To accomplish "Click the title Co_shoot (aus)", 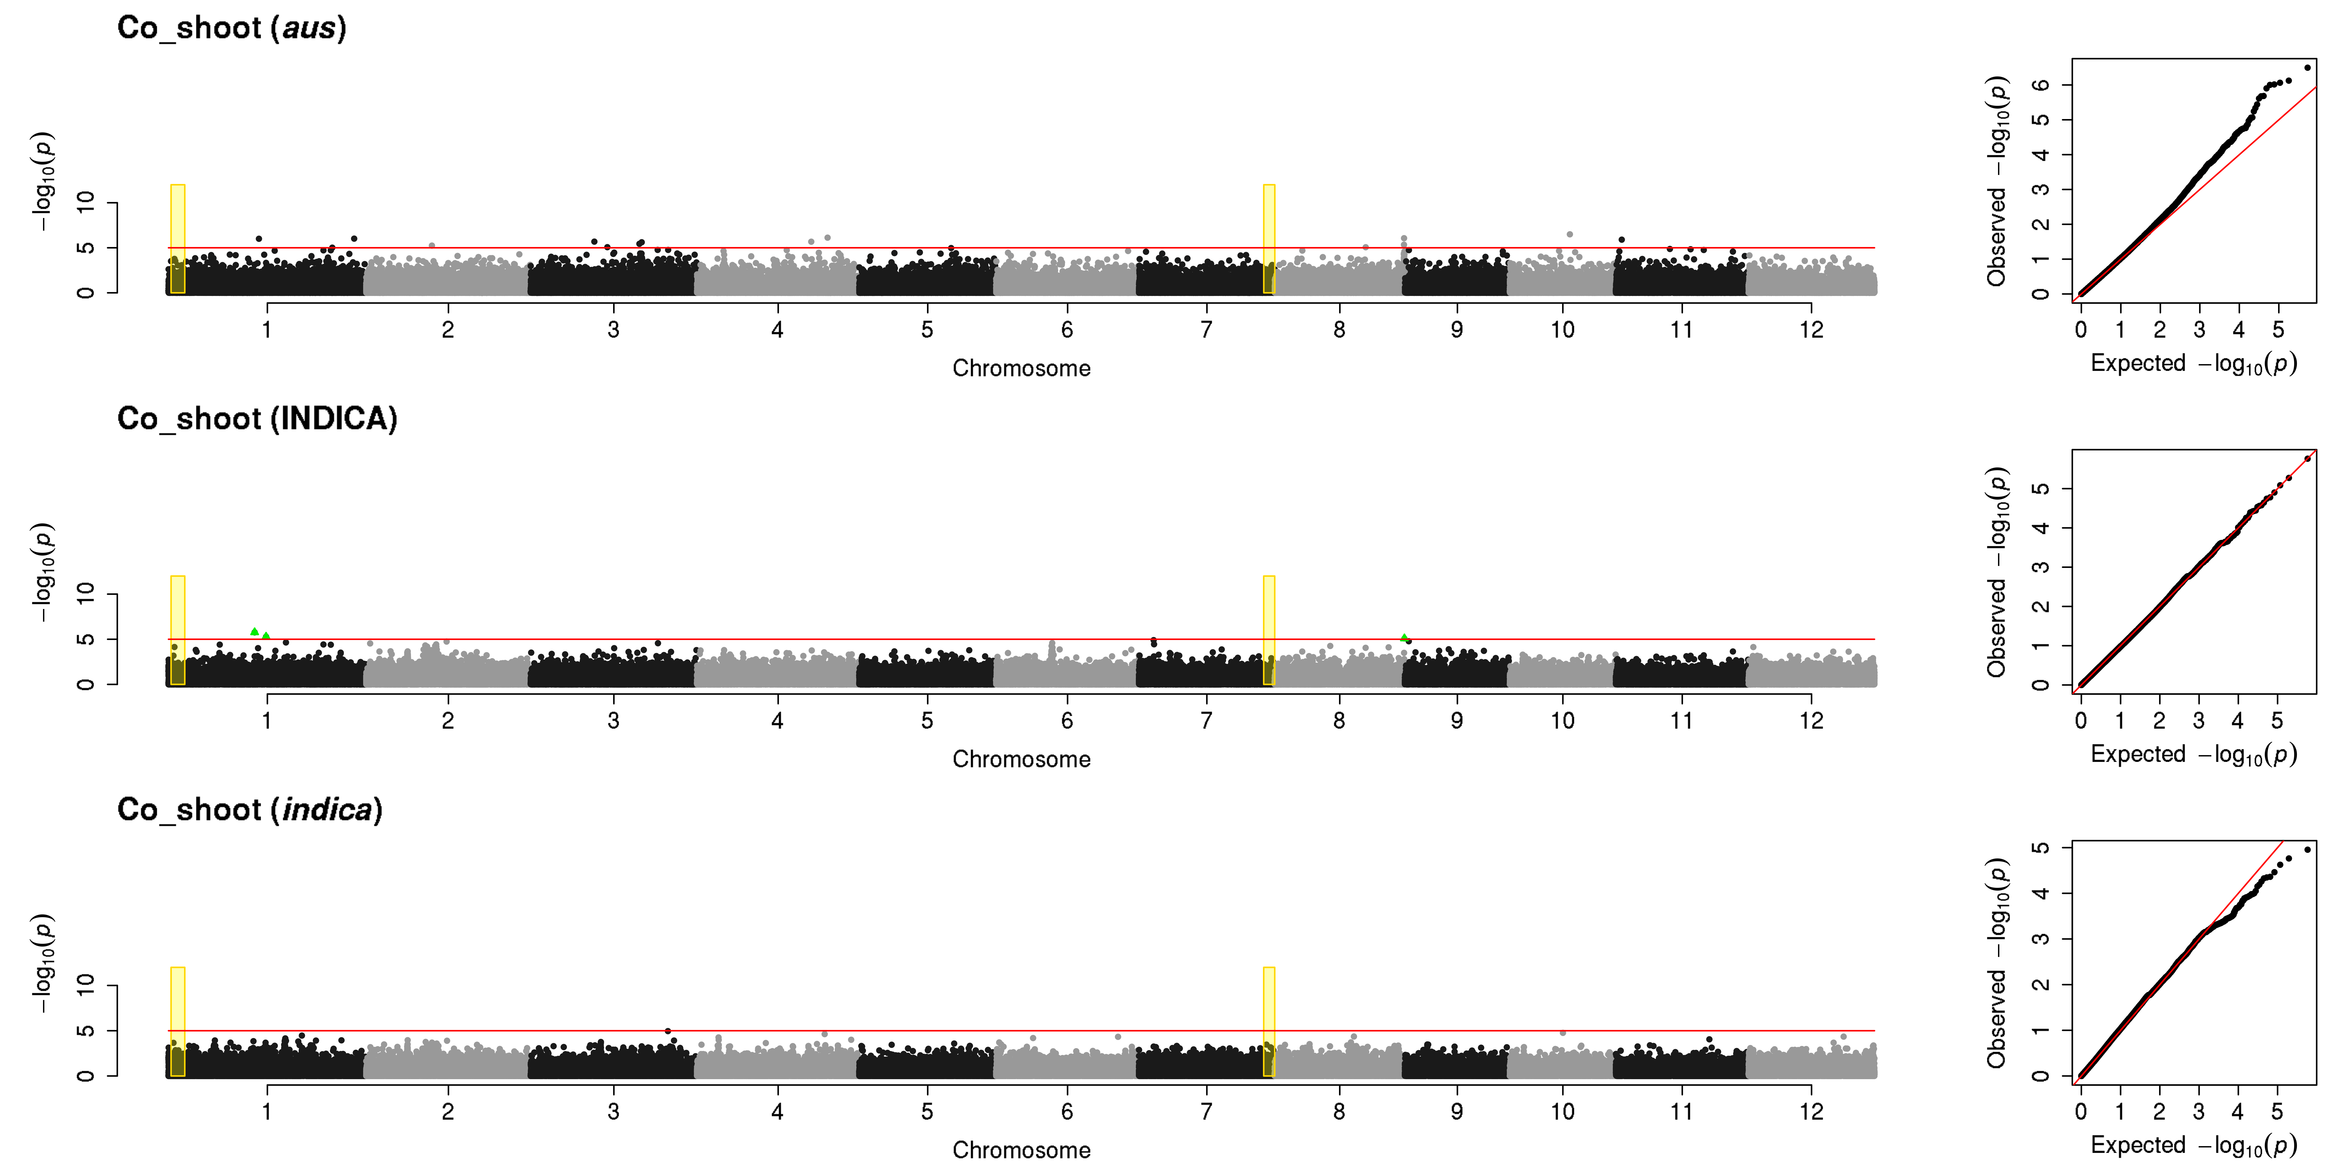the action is [231, 28].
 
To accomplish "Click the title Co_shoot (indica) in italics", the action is [250, 810].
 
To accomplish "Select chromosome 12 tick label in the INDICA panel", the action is [1811, 720].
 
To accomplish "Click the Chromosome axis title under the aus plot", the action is [1021, 368].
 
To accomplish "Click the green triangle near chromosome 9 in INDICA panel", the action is [1404, 638].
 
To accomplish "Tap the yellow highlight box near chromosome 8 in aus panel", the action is [1269, 239].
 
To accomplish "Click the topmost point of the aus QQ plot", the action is [2307, 67].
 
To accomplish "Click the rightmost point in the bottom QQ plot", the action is [2307, 850].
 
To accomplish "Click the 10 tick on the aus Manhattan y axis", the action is [86, 202].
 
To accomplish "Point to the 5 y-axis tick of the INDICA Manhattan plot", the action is [86, 639].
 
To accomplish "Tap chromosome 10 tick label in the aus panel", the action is [1563, 330].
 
